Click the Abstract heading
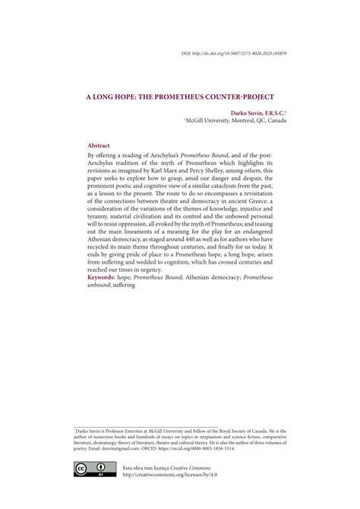click(99, 145)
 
